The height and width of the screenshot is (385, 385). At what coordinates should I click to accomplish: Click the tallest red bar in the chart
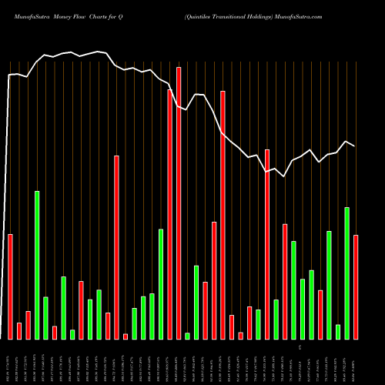pos(179,203)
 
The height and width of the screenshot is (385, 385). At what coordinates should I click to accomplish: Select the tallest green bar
pos(37,264)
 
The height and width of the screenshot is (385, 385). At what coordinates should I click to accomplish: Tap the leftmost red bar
pos(10,286)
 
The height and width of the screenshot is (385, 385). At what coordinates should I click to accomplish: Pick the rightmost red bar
pos(356,286)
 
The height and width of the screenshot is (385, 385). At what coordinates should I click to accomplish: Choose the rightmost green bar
pos(347,273)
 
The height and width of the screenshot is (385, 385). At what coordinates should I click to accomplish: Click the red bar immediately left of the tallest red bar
pos(170,214)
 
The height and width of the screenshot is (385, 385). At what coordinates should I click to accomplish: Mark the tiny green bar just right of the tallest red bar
pos(188,335)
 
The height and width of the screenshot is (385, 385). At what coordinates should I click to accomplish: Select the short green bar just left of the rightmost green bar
pos(338,331)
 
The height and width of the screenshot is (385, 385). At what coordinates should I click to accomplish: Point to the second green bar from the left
pos(45,317)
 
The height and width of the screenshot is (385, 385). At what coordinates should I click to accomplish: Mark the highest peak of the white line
pos(99,52)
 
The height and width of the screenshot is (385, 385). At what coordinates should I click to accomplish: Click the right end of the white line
pos(355,146)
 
